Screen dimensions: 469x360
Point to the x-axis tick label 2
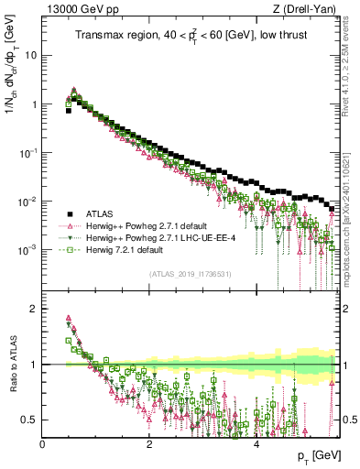(x=149, y=443)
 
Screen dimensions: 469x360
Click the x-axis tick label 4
(x=256, y=443)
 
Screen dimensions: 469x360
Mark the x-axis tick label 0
(x=42, y=443)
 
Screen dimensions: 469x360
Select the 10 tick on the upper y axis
(x=31, y=55)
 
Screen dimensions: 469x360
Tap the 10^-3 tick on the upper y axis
(x=27, y=249)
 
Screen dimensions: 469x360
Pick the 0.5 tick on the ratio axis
(x=29, y=420)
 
